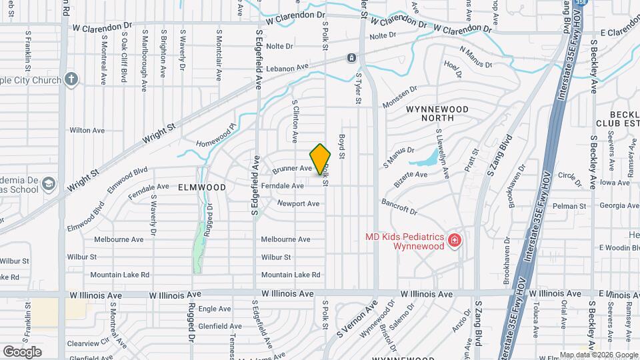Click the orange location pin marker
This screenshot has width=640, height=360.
coord(321,159)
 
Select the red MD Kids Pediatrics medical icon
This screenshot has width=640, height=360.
coord(455,239)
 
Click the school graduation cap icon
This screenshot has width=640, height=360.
coord(48,183)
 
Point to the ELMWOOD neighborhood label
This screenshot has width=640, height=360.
coord(202,188)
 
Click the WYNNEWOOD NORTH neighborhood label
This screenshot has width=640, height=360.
coord(439,113)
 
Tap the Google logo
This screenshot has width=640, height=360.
coord(22,351)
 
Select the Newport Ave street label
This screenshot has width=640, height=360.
coord(298,203)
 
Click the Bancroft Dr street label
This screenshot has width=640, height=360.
coord(399,206)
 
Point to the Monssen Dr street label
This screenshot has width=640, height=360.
coord(399,97)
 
